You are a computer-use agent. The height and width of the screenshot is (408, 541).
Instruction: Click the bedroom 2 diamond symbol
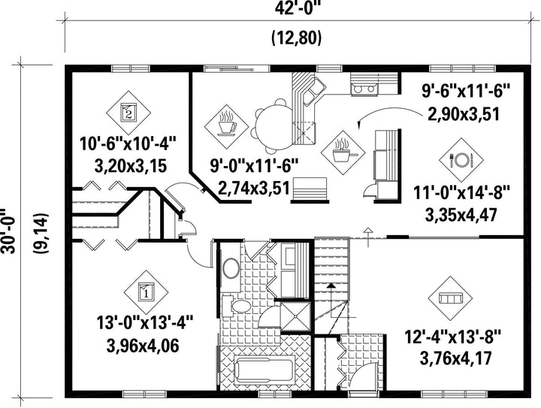pyautogui.click(x=128, y=113)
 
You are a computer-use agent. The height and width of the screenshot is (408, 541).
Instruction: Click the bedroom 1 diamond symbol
pyautogui.click(x=146, y=292)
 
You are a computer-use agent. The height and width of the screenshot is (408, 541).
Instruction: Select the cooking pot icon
pyautogui.click(x=343, y=152)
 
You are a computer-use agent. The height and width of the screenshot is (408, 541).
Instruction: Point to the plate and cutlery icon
pyautogui.click(x=461, y=160)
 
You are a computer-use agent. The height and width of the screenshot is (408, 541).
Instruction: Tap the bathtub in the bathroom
pyautogui.click(x=265, y=370)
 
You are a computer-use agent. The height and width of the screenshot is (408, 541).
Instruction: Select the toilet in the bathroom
pyautogui.click(x=237, y=306)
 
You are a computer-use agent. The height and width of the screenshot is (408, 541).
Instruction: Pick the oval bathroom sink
pyautogui.click(x=231, y=269)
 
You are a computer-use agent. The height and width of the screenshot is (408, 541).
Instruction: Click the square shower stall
pyautogui.click(x=295, y=316)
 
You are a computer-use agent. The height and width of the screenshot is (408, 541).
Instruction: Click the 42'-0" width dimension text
pyautogui.click(x=298, y=9)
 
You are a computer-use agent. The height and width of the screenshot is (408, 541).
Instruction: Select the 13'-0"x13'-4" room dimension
pyautogui.click(x=144, y=324)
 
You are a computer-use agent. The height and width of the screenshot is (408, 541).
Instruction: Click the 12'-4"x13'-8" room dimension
pyautogui.click(x=452, y=337)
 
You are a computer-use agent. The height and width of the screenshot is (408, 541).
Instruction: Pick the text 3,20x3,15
pyautogui.click(x=131, y=166)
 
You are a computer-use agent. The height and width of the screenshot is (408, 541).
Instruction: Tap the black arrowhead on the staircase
pyautogui.click(x=331, y=286)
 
